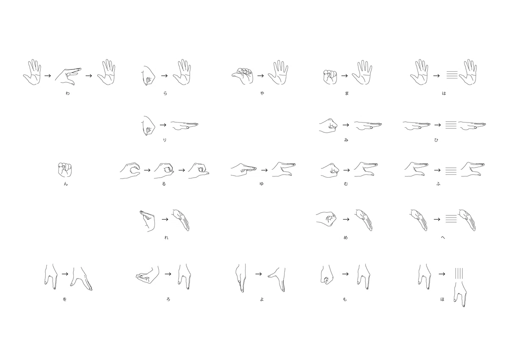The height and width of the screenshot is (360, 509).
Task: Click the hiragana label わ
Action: [67, 93]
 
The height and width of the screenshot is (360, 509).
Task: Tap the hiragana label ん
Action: [66, 184]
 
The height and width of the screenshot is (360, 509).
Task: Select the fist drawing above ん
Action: [65, 170]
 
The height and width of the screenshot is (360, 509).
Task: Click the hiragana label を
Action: [65, 299]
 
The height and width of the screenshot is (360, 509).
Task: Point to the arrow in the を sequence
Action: [65, 274]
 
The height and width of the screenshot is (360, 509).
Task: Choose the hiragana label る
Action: [164, 184]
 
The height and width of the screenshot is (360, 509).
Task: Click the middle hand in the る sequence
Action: [164, 170]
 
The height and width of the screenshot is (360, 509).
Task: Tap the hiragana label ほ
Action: [442, 299]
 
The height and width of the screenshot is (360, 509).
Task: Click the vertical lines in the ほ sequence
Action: [459, 275]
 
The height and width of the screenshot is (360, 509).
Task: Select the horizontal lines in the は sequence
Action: [452, 75]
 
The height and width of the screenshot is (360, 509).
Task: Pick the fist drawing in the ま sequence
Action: [330, 77]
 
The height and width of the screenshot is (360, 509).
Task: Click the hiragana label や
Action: [262, 93]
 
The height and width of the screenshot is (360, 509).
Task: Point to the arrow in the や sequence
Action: [260, 75]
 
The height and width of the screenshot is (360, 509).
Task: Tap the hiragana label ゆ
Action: [262, 184]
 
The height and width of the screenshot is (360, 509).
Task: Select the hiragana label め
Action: [346, 237]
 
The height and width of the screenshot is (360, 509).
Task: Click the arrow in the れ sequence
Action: [165, 219]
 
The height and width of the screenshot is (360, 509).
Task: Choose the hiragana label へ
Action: [443, 237]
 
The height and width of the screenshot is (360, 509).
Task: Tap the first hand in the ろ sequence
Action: [147, 275]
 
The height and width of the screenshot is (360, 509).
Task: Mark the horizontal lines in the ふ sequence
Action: [451, 171]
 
